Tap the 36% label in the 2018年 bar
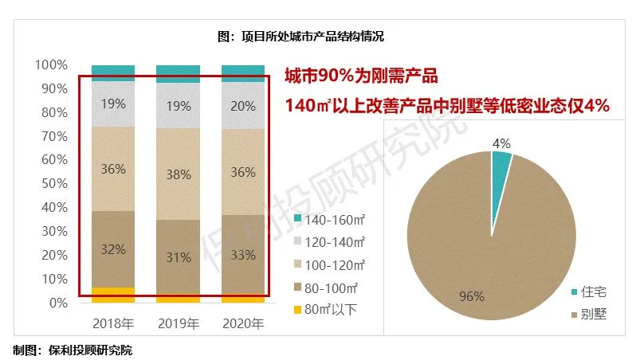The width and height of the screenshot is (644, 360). (113, 168)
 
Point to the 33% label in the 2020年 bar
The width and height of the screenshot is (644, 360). (242, 255)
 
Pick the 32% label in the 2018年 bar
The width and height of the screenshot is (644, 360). (113, 249)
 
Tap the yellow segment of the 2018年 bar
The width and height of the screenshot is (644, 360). (113, 295)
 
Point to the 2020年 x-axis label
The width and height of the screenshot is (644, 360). (242, 323)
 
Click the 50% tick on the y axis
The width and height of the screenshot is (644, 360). (53, 184)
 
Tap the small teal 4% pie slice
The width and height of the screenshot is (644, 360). (501, 163)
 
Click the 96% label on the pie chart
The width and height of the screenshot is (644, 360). (471, 296)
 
